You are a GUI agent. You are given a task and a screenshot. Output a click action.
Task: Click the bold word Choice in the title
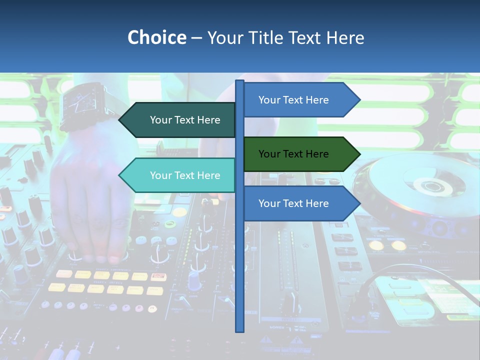(x=156, y=37)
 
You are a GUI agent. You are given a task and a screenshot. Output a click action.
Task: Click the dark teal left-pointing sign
(x=180, y=120)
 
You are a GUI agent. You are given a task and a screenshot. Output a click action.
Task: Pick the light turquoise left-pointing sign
(x=180, y=175)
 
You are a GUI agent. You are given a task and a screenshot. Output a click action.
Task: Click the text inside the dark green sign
(x=293, y=154)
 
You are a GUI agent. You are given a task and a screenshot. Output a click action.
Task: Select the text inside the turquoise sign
(x=185, y=175)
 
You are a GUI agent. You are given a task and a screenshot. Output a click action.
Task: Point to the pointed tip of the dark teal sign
(x=120, y=120)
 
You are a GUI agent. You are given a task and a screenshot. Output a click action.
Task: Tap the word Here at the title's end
(x=345, y=37)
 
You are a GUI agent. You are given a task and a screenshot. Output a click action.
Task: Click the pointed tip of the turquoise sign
(x=120, y=175)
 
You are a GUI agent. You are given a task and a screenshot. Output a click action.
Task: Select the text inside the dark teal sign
(x=185, y=120)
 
